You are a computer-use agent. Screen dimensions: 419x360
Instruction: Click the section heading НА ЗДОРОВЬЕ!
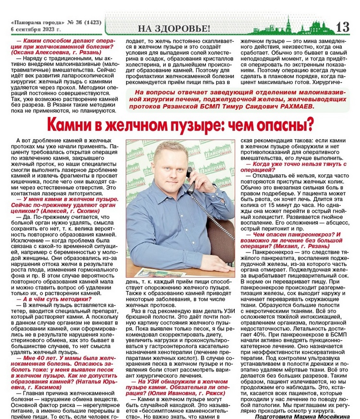(x=174, y=28)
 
